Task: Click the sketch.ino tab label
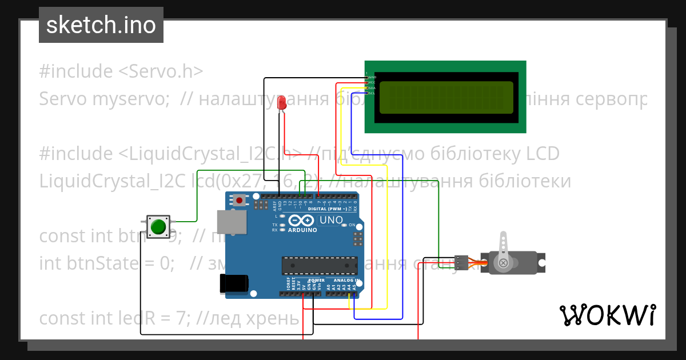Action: [101, 26]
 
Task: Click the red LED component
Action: [281, 103]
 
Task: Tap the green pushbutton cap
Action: [158, 227]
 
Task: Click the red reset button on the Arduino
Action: [240, 200]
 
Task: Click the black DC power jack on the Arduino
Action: [234, 283]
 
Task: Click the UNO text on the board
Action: [330, 220]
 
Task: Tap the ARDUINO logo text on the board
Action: [302, 230]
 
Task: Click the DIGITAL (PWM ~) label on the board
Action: [326, 209]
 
